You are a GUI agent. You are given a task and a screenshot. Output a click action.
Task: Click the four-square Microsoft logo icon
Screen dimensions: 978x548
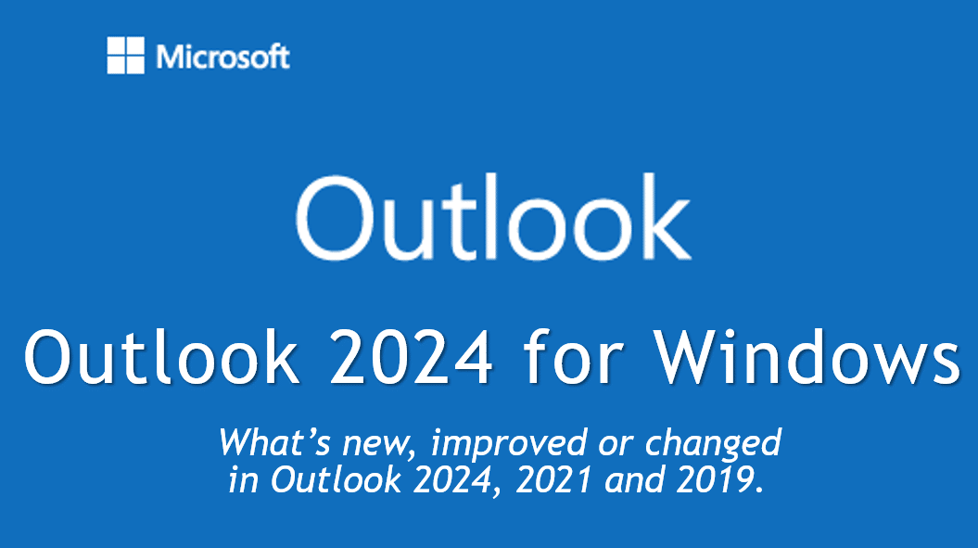pyautogui.click(x=125, y=55)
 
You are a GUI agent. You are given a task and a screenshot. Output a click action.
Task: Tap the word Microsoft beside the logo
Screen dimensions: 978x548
pyautogui.click(x=222, y=57)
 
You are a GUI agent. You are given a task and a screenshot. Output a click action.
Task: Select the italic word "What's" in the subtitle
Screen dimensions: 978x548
pyautogui.click(x=273, y=442)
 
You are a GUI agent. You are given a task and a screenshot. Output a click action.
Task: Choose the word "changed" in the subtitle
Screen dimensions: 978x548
pyautogui.click(x=713, y=445)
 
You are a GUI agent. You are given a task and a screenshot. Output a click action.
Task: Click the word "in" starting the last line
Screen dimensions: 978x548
pyautogui.click(x=243, y=480)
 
